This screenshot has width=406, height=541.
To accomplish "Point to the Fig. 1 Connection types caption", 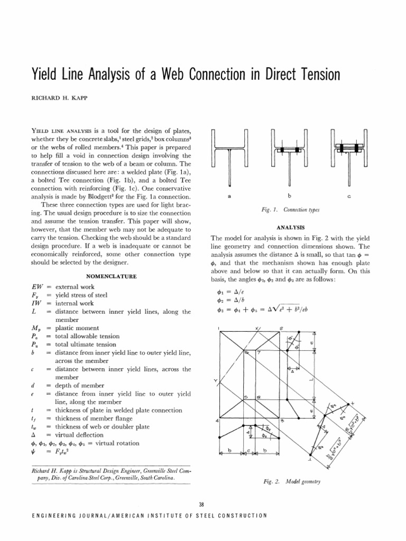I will point(289,210).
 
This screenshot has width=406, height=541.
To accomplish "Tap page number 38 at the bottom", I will point(202,505).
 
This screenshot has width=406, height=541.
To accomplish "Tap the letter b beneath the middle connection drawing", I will point(289,196).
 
